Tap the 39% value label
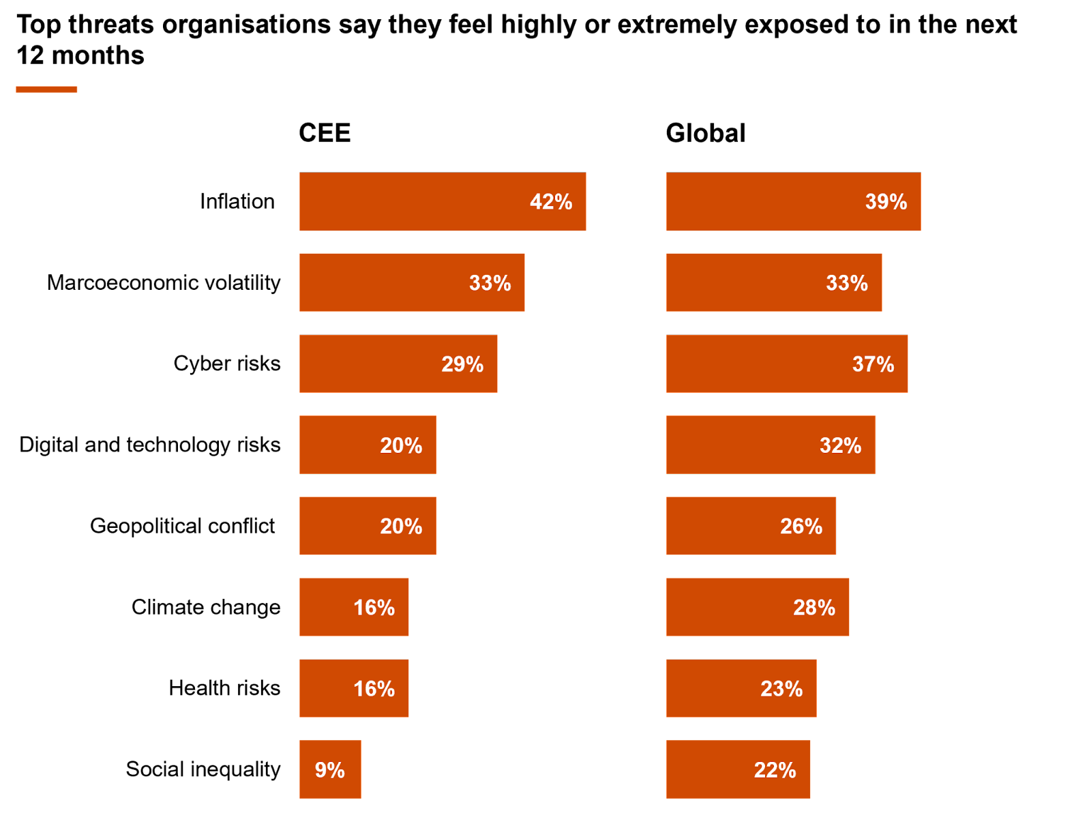point(886,202)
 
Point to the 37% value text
point(873,364)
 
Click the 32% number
point(840,445)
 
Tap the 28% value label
point(814,607)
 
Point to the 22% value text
point(775,770)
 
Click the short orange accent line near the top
point(46,89)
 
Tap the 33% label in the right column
point(847,283)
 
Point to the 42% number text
point(551,202)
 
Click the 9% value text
point(330,770)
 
